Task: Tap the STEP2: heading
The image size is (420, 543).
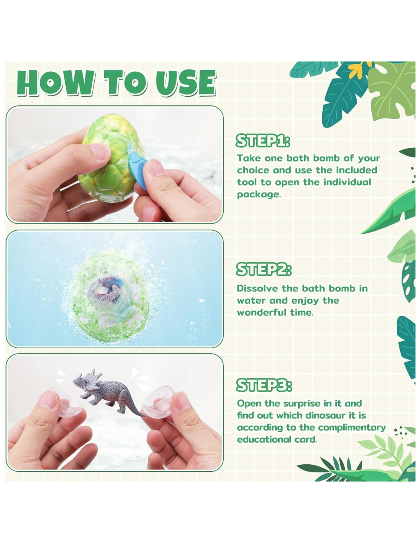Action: (x=263, y=269)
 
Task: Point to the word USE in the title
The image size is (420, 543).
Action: (x=186, y=83)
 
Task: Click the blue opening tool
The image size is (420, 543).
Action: (x=137, y=165)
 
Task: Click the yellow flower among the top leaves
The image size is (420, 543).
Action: (x=360, y=69)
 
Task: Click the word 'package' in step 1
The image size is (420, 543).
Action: (x=258, y=195)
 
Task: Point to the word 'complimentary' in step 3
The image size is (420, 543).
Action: (x=352, y=428)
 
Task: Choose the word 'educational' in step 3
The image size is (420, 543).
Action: (x=264, y=440)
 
